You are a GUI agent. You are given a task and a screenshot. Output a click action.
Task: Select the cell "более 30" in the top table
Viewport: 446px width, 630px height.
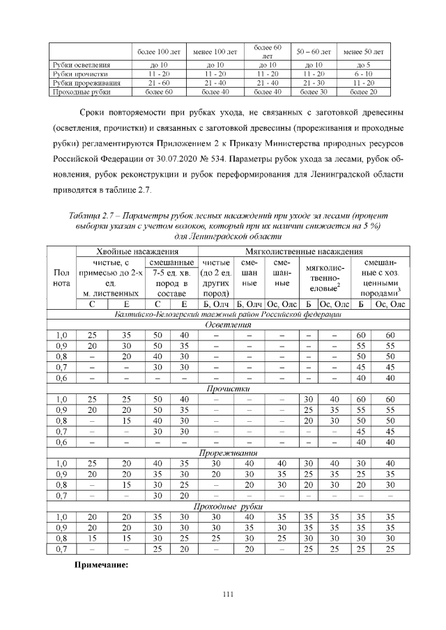tap(314, 92)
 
